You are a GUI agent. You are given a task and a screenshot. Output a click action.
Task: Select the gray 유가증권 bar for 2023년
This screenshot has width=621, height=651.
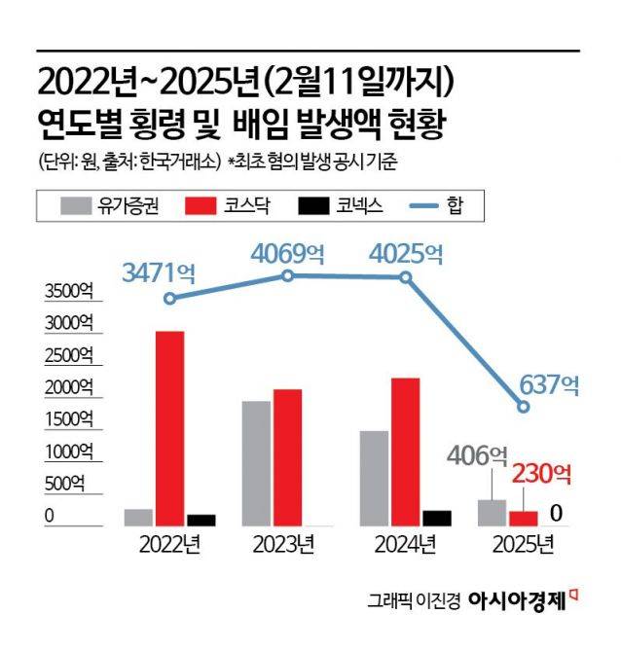256,463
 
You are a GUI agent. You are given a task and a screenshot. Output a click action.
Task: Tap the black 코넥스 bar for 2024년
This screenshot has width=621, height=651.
438,518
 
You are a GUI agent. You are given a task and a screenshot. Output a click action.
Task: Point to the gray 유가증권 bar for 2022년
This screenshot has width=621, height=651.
138,517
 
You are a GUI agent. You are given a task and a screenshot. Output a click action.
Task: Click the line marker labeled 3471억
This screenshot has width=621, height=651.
170,298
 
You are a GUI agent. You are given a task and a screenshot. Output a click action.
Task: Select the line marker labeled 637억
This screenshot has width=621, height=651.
524,407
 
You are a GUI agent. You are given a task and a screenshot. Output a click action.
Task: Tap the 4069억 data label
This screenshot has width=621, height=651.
288,255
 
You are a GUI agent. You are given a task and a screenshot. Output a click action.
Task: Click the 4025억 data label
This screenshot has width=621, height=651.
407,255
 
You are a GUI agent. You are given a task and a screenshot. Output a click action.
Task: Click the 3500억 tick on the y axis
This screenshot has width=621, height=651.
66,293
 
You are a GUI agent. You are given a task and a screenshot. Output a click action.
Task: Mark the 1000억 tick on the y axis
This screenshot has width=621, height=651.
66,452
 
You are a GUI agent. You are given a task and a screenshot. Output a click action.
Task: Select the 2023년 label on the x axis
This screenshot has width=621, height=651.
285,544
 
